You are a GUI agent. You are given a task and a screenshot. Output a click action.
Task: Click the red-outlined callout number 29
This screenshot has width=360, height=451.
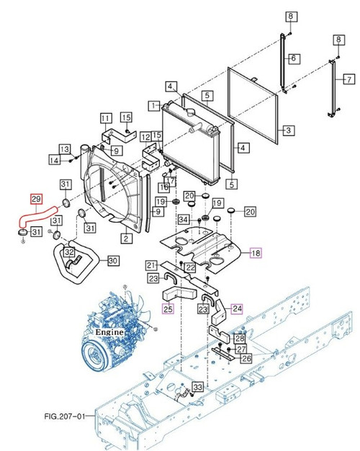[x=35, y=197]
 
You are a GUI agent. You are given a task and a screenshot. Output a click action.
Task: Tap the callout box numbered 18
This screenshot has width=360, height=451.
[x=256, y=252]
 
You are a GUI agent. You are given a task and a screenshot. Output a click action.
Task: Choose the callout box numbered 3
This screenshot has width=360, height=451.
[x=287, y=130]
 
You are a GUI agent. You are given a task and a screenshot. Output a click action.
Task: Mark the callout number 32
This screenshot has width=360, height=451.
[x=68, y=252]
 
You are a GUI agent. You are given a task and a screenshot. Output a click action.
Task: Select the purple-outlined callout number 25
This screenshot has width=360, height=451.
[x=167, y=308]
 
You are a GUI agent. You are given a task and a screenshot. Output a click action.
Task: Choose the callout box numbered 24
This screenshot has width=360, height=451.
[x=237, y=308]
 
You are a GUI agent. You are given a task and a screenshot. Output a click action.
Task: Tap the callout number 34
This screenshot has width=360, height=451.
[x=184, y=220]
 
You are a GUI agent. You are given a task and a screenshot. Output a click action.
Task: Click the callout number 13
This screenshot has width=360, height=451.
[x=65, y=149]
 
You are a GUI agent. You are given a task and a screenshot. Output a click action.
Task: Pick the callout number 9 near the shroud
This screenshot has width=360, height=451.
[x=117, y=150]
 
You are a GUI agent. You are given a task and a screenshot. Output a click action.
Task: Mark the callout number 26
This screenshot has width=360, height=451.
[x=246, y=358]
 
